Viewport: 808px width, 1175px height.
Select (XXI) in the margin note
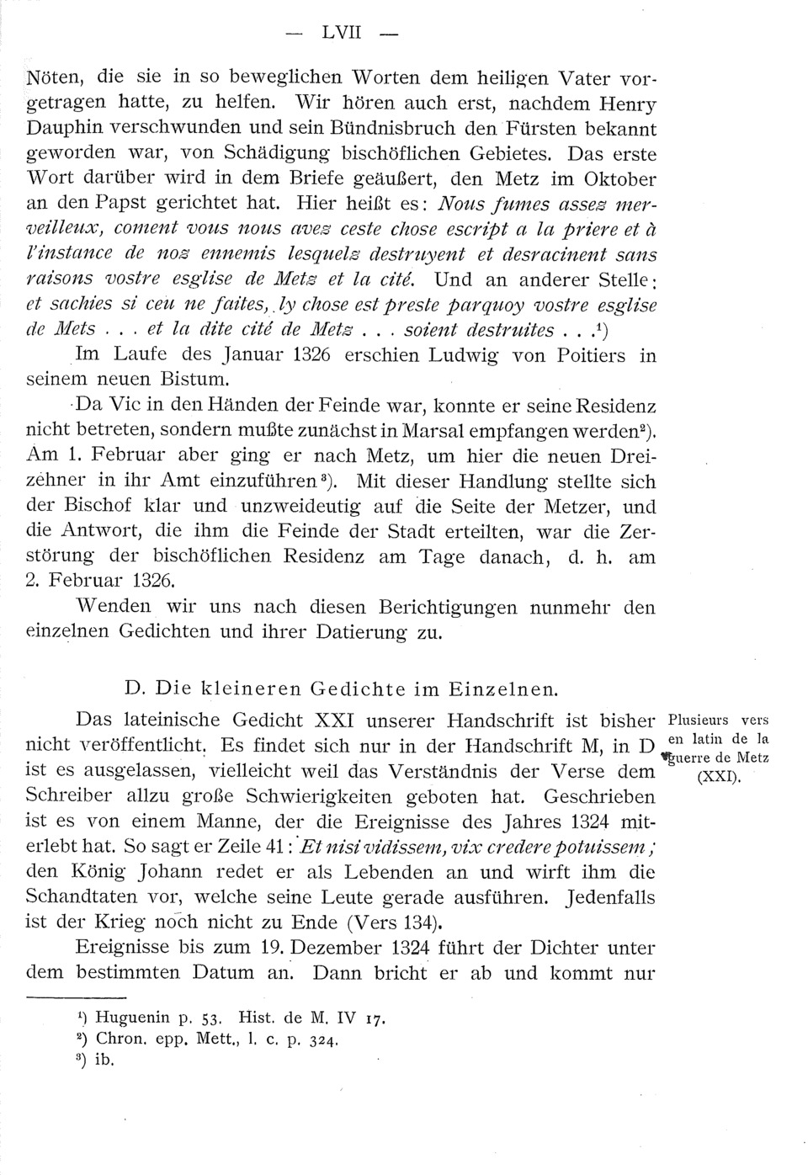tap(718, 776)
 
